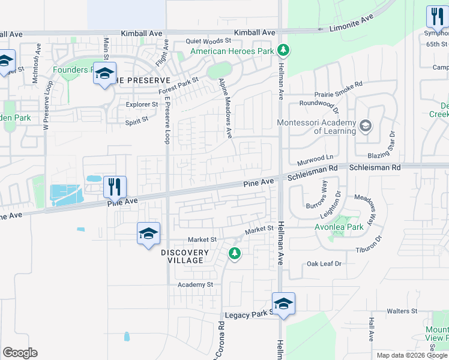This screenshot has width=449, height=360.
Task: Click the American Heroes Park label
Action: [x=232, y=52]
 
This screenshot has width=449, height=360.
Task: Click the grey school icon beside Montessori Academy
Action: [x=365, y=127]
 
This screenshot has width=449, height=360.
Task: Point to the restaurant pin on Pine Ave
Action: [x=113, y=187]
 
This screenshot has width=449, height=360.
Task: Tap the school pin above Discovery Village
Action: [x=148, y=233]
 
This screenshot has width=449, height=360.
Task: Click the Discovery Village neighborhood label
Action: [x=185, y=256]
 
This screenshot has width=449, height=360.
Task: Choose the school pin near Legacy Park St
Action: [x=283, y=304]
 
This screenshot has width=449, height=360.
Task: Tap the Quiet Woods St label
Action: [x=208, y=41]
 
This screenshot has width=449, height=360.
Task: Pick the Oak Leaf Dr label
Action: [x=324, y=263]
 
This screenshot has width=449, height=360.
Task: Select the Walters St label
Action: [x=402, y=311]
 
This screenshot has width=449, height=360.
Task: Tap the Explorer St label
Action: [x=142, y=104]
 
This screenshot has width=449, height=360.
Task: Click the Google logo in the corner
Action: [x=20, y=353]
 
